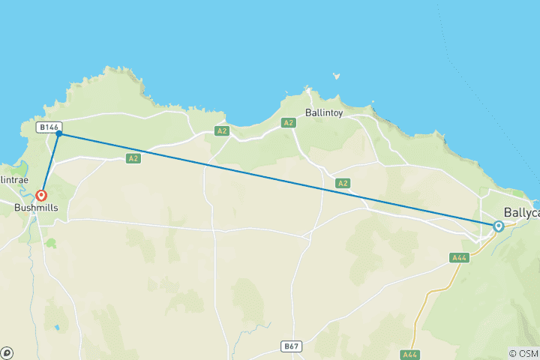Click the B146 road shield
(x=49, y=127)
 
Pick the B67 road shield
(x=292, y=346)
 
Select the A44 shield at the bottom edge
(x=410, y=355)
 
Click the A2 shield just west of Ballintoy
(x=287, y=122)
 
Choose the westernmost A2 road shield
(x=133, y=158)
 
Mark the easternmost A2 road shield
(x=343, y=183)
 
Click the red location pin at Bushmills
(x=43, y=195)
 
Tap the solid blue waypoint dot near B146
(x=58, y=133)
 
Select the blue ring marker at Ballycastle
(x=498, y=226)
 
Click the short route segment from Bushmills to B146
(x=51, y=163)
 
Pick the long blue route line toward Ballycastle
(x=277, y=180)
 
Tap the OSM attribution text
(x=523, y=353)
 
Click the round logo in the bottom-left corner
(x=7, y=352)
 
